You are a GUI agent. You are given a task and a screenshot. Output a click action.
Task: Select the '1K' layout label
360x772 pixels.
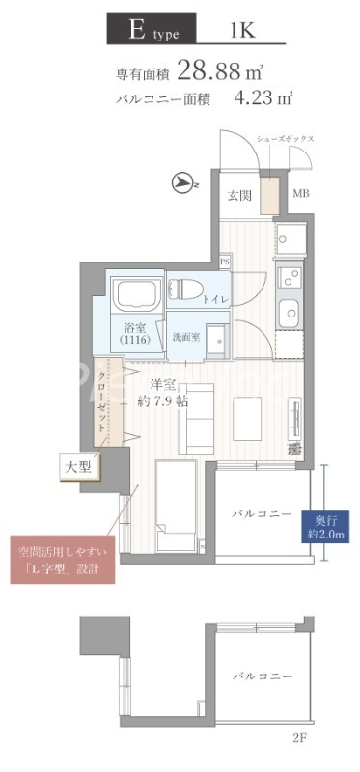click(x=242, y=30)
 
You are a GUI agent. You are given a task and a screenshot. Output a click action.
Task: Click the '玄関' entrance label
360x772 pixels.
click(x=240, y=195)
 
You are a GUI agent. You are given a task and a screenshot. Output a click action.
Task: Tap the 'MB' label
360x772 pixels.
click(x=300, y=195)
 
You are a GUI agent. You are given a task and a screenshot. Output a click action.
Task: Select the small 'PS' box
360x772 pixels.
click(x=225, y=261)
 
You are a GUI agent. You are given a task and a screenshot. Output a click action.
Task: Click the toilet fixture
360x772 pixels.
click(x=185, y=288)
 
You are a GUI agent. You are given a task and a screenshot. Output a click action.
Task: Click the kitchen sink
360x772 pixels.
click(x=290, y=313)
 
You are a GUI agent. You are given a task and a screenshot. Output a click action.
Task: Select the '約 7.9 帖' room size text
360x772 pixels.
click(x=162, y=401)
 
